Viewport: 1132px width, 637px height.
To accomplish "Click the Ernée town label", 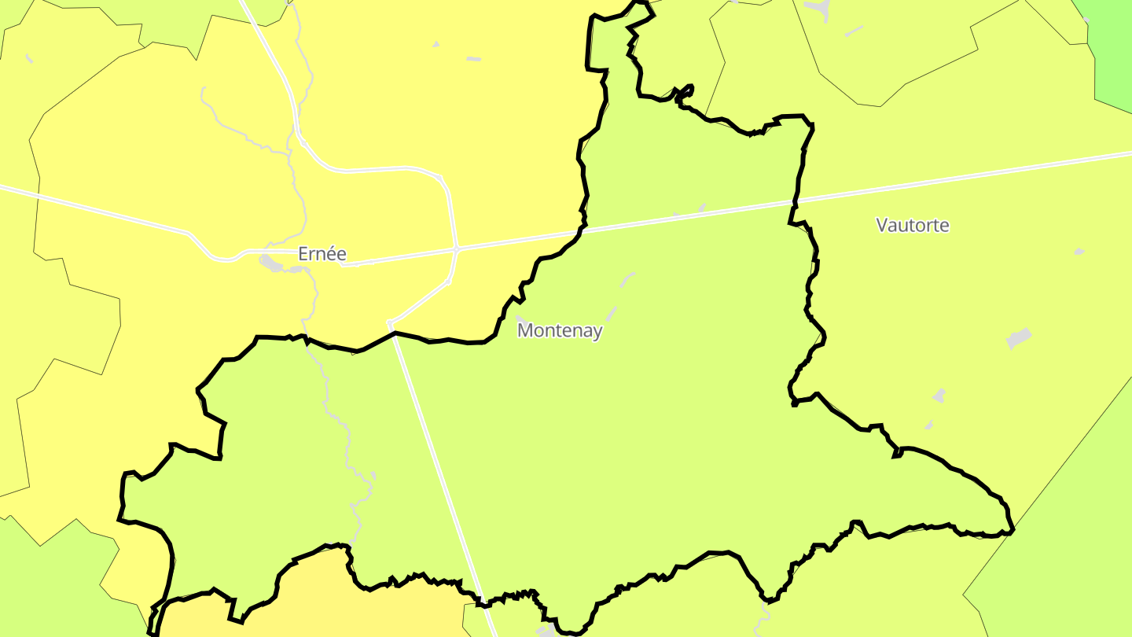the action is (322, 254).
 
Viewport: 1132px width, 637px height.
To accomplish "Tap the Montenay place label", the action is (560, 331).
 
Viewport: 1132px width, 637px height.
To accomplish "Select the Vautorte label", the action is (913, 226).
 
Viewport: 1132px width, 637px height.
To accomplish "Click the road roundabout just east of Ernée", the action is (456, 249).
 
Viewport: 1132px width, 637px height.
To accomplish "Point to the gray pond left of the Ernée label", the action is (272, 263).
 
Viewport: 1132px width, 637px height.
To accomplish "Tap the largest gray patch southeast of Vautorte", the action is (1018, 338).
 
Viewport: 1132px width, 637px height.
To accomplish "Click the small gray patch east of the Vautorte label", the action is (1079, 252).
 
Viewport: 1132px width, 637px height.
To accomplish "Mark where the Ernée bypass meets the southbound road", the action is (390, 322).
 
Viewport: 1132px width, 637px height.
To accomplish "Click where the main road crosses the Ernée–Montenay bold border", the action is (582, 231).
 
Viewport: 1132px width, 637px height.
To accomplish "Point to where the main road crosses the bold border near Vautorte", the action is (793, 203).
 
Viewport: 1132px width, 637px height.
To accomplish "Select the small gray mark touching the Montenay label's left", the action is (520, 319).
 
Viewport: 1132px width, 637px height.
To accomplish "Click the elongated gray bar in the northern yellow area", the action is (473, 59).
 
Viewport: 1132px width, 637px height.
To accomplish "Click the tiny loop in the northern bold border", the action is (685, 91).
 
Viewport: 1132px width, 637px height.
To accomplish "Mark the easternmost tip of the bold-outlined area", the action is (1013, 530).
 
